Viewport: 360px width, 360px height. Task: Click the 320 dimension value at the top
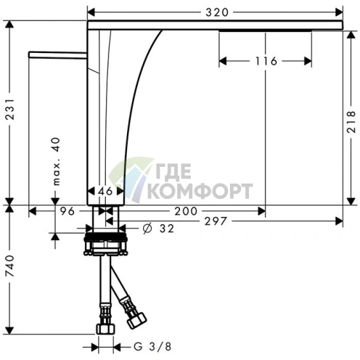tap(217, 12)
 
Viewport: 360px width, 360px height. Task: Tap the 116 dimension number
tap(266, 61)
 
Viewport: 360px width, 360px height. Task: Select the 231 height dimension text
tap(10, 109)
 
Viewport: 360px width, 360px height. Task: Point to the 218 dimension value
tap(351, 122)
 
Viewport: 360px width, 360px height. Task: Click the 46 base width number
tap(105, 192)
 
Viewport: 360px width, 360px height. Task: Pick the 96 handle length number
tap(67, 211)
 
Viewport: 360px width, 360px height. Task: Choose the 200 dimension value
tap(186, 211)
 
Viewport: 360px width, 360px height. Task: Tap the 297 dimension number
tap(216, 221)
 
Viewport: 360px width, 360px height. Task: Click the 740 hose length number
tap(10, 266)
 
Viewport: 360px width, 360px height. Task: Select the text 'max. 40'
tap(56, 161)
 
